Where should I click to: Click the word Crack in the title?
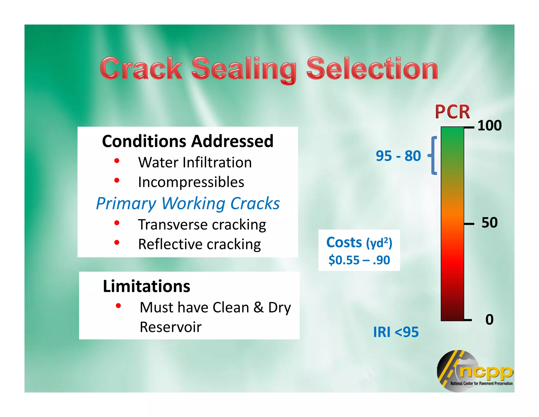(141, 69)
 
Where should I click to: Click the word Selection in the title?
(372, 69)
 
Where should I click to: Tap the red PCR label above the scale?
(452, 112)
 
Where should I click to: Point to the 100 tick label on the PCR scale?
(489, 125)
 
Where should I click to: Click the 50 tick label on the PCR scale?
(490, 222)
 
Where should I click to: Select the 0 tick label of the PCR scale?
(489, 319)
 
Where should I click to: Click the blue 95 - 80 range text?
(398, 156)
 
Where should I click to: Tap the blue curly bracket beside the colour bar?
(433, 156)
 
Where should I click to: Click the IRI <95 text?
(396, 332)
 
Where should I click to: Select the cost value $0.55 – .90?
(359, 260)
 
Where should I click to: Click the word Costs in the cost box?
(344, 242)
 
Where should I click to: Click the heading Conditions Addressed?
(188, 141)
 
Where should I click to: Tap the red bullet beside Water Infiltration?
(117, 161)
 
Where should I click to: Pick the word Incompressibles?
(191, 182)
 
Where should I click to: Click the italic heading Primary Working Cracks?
(188, 203)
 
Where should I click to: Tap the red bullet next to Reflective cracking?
(117, 242)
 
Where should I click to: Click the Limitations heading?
(146, 286)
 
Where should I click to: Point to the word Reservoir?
(171, 327)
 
